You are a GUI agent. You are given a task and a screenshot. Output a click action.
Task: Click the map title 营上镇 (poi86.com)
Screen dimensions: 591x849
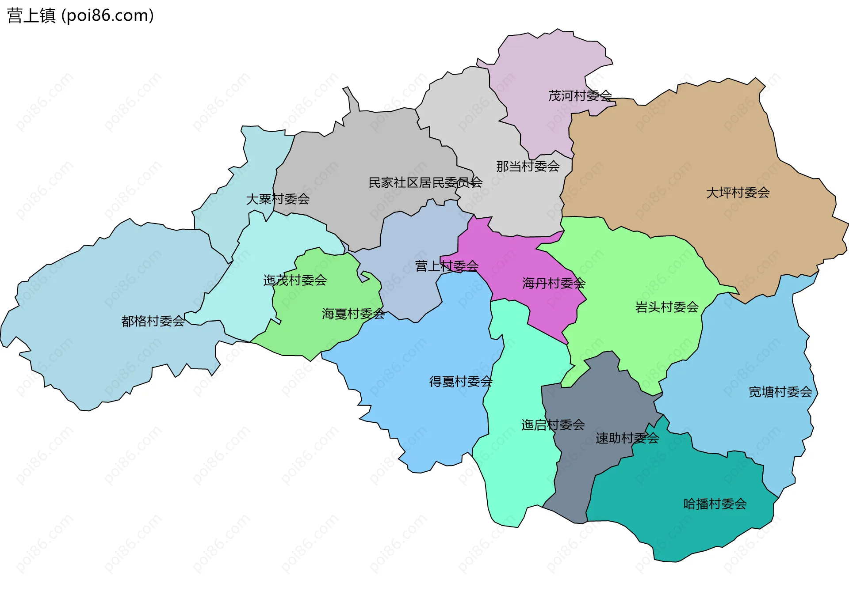click(x=80, y=15)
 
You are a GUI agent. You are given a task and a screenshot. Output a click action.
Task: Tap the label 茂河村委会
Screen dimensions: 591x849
click(x=580, y=96)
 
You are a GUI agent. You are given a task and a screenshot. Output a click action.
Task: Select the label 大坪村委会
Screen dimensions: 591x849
click(x=738, y=193)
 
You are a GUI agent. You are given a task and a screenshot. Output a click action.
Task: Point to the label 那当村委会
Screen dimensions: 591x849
click(x=528, y=167)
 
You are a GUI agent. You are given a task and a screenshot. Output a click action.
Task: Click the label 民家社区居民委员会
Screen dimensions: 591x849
click(x=425, y=182)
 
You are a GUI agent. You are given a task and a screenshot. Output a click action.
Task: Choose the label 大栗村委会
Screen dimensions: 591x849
click(x=278, y=199)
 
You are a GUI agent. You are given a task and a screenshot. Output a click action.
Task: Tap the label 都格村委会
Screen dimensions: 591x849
click(x=153, y=321)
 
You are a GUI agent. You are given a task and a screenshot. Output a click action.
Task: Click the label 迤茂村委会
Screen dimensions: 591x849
click(x=295, y=280)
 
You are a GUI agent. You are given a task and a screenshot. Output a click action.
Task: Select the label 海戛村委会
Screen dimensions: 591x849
click(x=353, y=314)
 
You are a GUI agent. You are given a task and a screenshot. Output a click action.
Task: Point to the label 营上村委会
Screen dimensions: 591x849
click(x=447, y=266)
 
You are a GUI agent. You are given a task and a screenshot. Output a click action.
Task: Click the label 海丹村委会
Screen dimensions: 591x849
click(x=554, y=283)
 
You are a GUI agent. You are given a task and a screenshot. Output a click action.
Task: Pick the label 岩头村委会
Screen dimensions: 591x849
click(x=667, y=307)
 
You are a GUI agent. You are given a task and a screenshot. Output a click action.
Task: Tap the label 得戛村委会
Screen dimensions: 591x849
click(x=461, y=382)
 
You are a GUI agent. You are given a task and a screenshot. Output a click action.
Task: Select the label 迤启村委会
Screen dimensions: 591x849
click(x=553, y=425)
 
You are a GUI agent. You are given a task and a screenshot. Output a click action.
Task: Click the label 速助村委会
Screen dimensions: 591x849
click(x=627, y=438)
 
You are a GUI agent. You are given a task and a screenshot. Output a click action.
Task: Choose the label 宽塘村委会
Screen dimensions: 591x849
click(x=780, y=392)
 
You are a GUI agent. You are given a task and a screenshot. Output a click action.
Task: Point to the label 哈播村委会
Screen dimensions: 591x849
click(x=715, y=504)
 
